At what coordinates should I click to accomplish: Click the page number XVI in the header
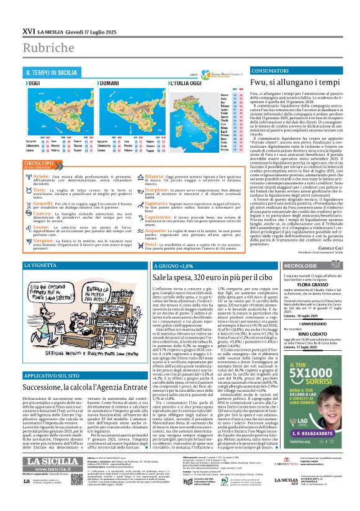[29, 30]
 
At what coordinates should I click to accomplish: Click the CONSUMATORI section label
[271, 72]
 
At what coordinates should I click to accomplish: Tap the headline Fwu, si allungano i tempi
[294, 83]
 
